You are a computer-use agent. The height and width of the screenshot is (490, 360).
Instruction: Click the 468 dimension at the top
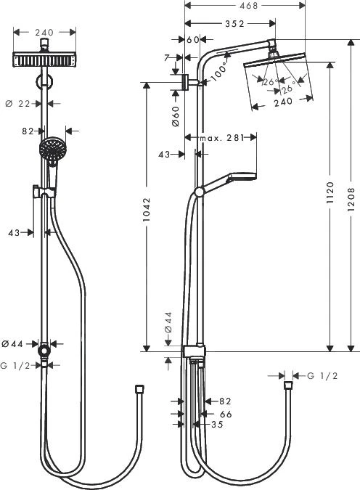(229, 6)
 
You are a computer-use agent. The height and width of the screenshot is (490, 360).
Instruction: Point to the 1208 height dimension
(352, 195)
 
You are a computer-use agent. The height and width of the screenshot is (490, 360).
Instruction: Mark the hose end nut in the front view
(138, 391)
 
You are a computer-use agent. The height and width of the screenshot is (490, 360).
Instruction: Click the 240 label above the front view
(45, 32)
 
